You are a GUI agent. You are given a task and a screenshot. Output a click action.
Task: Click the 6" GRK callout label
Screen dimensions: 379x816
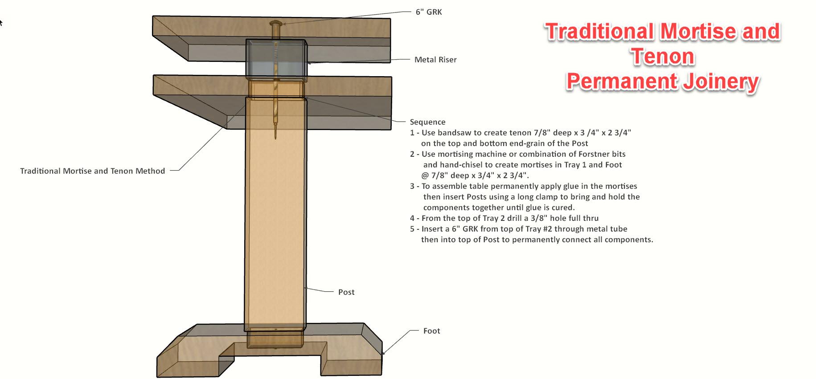point(429,12)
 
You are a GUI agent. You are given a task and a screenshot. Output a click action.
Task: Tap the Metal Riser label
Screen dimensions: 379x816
point(435,60)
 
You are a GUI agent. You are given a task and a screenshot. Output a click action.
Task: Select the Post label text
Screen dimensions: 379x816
point(346,292)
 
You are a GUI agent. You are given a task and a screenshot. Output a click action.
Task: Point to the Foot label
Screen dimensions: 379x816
point(431,331)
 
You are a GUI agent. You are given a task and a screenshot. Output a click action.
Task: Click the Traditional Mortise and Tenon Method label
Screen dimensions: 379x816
point(92,171)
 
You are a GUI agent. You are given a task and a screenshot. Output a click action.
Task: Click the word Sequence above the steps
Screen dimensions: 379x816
point(427,122)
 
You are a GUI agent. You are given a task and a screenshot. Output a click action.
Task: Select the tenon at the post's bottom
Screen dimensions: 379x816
point(275,338)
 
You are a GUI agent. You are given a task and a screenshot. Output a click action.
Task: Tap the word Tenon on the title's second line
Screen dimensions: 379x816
point(662,57)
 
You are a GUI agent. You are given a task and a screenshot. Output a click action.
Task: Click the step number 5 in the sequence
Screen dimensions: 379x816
point(412,229)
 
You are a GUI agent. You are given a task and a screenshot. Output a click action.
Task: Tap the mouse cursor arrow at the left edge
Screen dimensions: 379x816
point(1,22)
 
